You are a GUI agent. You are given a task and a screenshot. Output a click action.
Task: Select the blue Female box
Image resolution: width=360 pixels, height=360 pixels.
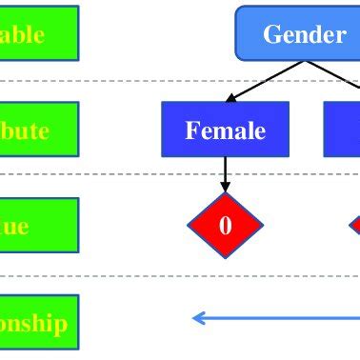pos(226,130)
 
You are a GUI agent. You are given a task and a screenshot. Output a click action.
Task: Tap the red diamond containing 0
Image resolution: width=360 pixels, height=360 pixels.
pos(226,226)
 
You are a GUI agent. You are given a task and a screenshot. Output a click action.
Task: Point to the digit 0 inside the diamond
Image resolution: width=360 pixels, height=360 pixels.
pos(226,226)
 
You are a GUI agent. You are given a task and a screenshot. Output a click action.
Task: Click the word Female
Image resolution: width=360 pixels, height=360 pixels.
pos(226,130)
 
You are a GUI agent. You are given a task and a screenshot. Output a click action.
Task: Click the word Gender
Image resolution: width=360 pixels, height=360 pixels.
pos(304,35)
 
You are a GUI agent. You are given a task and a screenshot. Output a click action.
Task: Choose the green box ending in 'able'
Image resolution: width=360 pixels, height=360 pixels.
pos(39,34)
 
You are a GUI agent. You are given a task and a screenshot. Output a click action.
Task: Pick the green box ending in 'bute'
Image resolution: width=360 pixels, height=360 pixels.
pos(39,130)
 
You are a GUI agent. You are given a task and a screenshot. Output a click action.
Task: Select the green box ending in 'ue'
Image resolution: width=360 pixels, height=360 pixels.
pos(39,227)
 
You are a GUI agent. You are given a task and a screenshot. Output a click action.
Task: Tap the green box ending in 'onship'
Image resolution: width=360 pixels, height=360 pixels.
pos(39,322)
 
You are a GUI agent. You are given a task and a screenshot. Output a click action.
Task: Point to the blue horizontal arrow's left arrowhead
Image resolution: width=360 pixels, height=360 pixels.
pos(197,317)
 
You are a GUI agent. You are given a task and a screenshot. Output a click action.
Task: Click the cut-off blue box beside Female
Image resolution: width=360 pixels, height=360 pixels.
pos(342,130)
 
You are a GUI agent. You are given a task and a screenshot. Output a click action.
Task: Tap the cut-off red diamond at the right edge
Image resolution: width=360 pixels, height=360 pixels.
pos(354,226)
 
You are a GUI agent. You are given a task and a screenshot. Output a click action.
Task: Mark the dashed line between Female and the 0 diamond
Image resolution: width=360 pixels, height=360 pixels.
pos(143,173)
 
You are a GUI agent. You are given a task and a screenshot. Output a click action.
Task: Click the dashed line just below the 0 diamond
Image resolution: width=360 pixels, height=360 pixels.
pos(143,276)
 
